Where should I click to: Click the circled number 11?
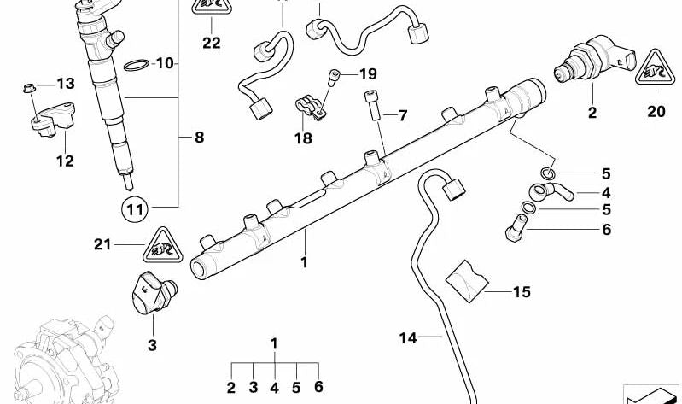(x=132, y=208)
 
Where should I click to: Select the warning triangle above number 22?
(x=211, y=7)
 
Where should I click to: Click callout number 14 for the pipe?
(x=407, y=338)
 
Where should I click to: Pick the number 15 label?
(x=521, y=292)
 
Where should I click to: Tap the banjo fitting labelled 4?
(x=544, y=190)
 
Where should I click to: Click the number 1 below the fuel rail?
(x=303, y=263)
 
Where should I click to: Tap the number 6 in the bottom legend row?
(x=318, y=388)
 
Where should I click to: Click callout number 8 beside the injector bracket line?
(x=199, y=136)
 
